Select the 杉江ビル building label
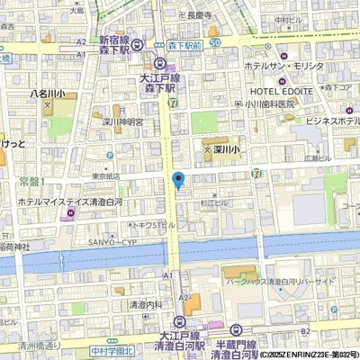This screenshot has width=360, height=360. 214,205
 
